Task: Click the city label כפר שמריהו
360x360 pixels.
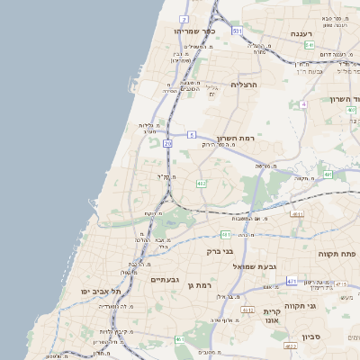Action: click(193, 31)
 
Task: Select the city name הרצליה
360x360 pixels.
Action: click(244, 85)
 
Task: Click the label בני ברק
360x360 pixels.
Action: click(220, 252)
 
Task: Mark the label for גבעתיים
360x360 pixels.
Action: click(166, 280)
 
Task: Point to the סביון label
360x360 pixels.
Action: click(310, 337)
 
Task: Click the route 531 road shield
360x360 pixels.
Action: click(237, 31)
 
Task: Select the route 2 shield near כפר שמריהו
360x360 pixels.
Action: click(184, 18)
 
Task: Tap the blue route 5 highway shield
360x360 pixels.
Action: click(192, 135)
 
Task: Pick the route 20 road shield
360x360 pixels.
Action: click(168, 143)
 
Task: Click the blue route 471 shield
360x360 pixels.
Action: click(292, 282)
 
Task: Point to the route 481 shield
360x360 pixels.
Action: click(225, 235)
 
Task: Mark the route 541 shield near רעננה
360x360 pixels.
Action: click(309, 45)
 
